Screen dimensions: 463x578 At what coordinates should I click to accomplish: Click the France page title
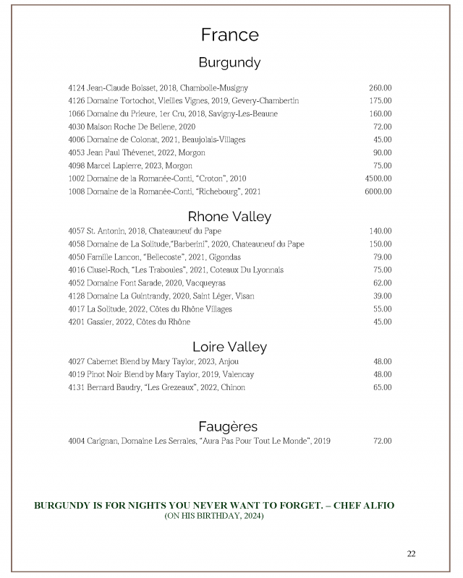229,35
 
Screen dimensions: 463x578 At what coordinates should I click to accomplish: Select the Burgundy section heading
229,63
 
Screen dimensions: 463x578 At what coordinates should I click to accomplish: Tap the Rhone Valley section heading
229,216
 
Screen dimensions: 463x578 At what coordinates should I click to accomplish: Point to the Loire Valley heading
229,347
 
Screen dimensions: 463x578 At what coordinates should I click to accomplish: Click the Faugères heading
229,426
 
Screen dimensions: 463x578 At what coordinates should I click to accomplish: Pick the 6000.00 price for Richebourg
378,191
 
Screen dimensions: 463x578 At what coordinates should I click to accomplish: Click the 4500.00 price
378,178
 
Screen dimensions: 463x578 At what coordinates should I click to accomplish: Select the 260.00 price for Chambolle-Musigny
381,87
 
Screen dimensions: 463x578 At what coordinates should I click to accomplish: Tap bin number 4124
77,87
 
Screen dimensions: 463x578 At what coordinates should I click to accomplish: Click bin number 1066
77,113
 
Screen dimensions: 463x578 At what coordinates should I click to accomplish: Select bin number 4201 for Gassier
77,322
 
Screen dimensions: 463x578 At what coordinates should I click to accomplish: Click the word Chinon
233,387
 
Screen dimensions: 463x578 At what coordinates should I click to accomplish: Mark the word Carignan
103,441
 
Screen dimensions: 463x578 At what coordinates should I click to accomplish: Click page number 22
411,554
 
